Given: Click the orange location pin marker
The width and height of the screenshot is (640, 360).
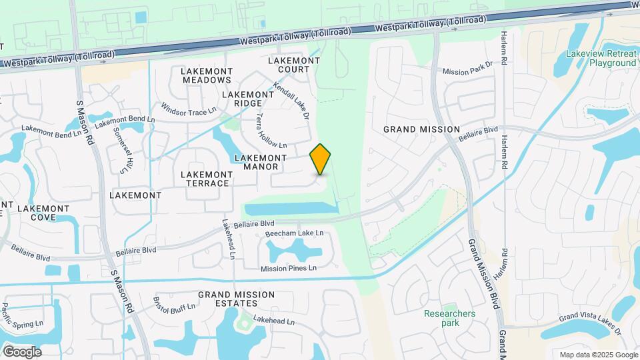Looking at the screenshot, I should (x=320, y=159).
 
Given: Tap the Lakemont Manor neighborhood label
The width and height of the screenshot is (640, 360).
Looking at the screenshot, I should (x=261, y=162).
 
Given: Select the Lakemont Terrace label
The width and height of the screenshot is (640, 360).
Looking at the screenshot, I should (x=207, y=179).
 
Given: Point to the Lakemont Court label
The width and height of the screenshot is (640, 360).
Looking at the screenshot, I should (x=293, y=65).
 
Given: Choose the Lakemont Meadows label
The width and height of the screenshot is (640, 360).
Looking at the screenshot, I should (x=206, y=75).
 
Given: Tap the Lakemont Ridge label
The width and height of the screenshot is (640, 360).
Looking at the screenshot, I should (x=248, y=99).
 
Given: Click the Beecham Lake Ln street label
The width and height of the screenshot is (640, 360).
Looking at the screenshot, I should (x=294, y=233).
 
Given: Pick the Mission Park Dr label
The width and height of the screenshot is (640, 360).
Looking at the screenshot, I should (x=467, y=69).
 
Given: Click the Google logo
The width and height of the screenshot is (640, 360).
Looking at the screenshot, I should (x=22, y=351).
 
